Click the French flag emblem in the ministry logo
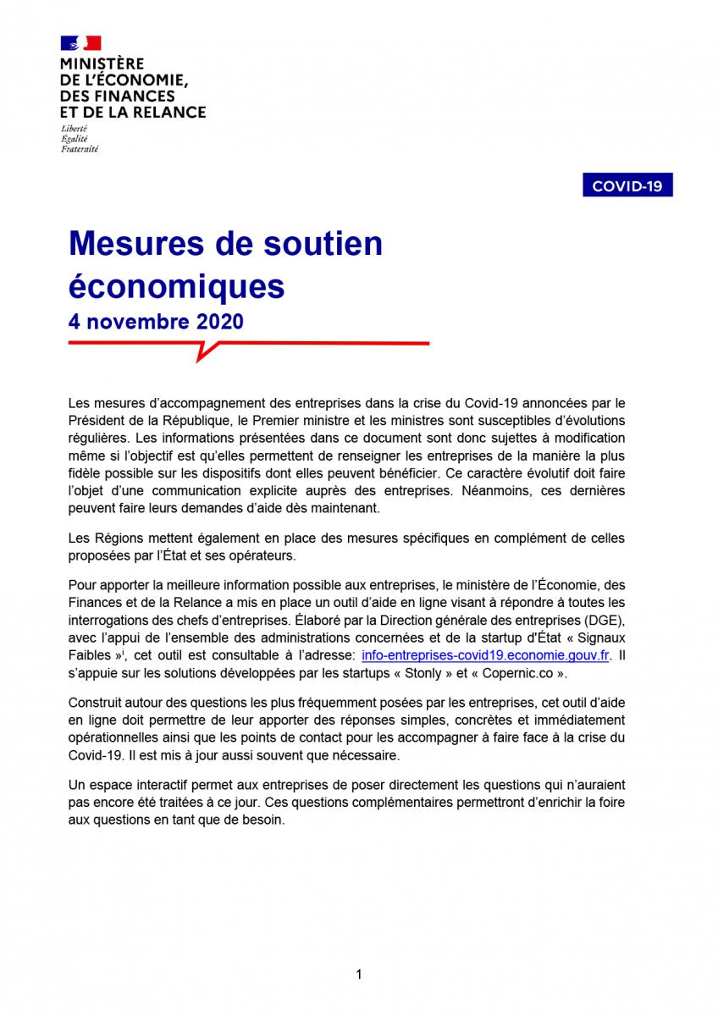(80, 43)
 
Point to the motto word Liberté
(74, 128)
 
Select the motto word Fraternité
(79, 149)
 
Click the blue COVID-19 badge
(627, 185)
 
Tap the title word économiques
(176, 287)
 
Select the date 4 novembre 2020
(156, 322)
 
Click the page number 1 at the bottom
(359, 975)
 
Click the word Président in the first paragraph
(96, 421)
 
